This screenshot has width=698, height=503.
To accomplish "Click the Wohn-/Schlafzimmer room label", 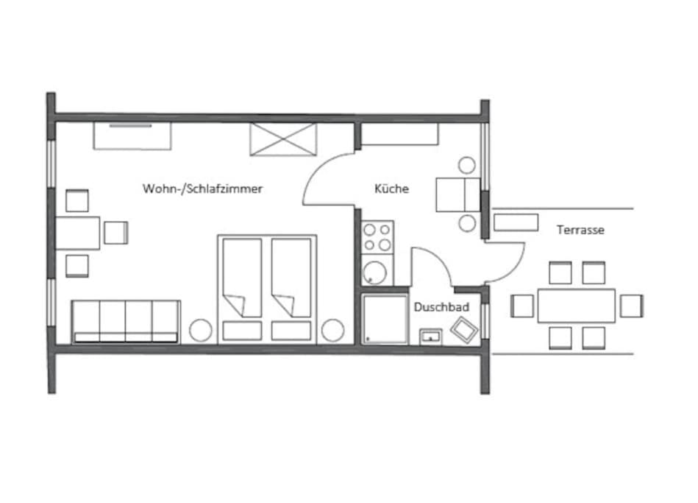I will pos(202,189).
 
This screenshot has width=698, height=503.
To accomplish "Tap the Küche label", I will pos(391,189).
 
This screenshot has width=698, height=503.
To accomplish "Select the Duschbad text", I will pos(441,307).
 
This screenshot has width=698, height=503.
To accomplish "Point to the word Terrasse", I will pos(580,230).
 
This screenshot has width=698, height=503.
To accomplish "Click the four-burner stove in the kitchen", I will pos(377,238).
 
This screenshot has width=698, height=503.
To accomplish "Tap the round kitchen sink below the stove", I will pos(377,272).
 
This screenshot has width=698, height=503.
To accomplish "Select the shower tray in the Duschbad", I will pos(385,319).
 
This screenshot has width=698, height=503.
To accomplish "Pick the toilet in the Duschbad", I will pos(463,328).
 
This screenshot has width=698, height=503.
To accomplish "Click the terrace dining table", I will pos(576,306).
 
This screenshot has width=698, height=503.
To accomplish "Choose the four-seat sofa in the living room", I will pos(126,321).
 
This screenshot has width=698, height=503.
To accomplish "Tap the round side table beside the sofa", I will pos(200,331).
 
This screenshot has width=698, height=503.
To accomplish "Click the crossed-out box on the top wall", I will pos(283,139).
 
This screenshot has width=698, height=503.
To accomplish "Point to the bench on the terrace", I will pos(516,222).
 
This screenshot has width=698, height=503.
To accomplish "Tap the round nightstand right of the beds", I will pos(332,331).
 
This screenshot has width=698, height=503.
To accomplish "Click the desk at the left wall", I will pos(78,233).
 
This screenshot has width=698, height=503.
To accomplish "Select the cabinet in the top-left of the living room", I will pos(132,136).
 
